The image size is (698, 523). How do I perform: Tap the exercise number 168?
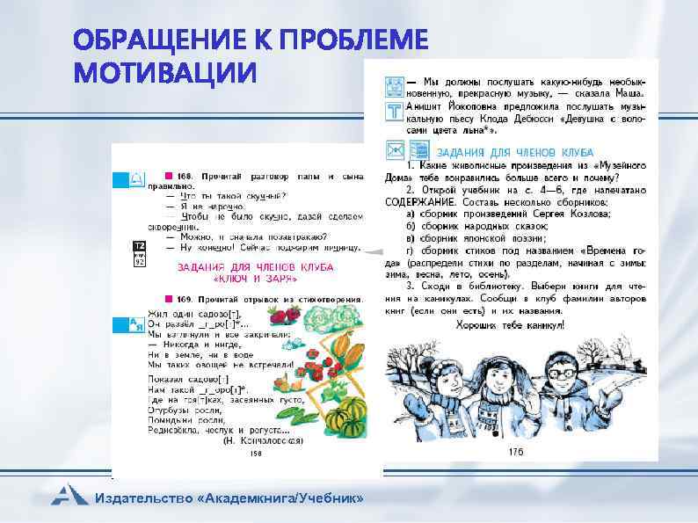[x=183, y=177]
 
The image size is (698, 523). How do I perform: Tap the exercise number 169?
[x=184, y=299]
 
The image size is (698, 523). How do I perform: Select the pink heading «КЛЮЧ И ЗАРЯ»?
[x=255, y=278]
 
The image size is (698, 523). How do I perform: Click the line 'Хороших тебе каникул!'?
[x=510, y=325]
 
